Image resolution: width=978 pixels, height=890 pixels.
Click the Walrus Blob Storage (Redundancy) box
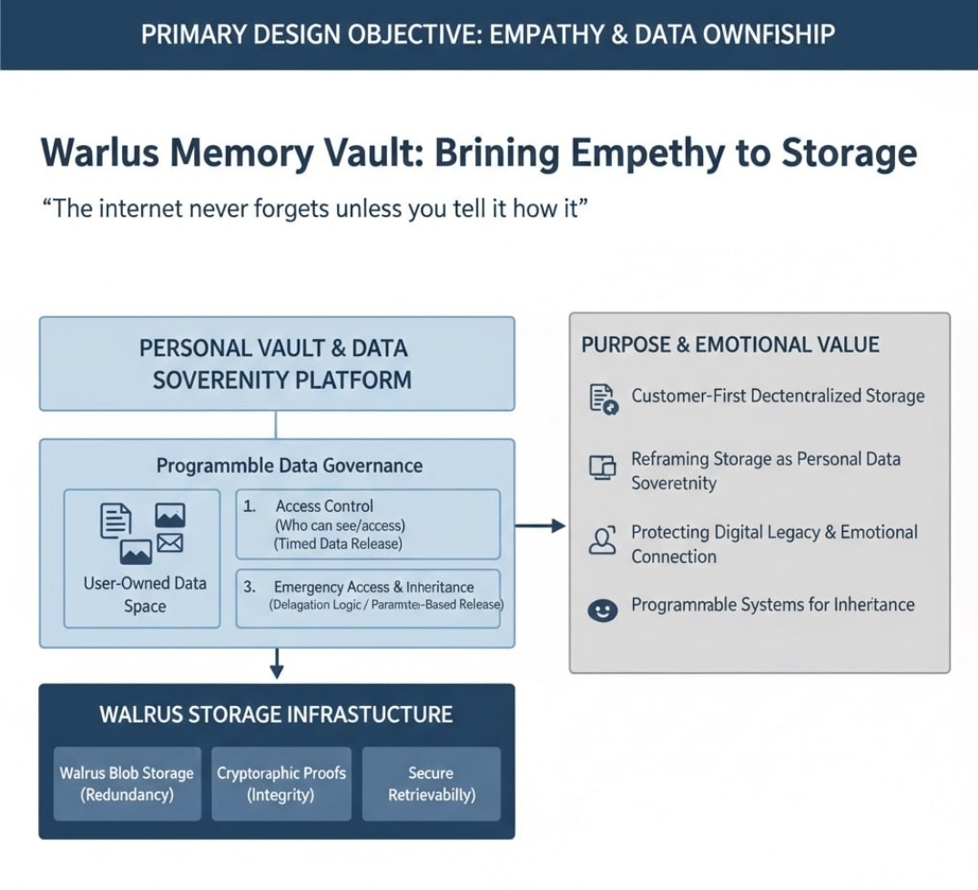[127, 783]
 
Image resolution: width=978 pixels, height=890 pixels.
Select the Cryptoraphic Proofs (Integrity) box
[281, 783]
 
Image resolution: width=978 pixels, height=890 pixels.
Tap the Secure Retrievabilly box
[431, 783]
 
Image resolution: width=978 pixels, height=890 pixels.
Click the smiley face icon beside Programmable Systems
[603, 609]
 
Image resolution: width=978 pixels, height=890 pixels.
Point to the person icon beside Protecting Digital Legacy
[603, 540]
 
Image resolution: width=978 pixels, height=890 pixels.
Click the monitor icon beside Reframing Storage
[603, 467]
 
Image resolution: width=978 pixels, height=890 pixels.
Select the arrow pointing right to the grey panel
[541, 526]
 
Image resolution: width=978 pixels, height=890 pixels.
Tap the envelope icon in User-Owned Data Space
[170, 544]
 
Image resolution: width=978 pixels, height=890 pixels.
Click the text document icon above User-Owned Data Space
[116, 519]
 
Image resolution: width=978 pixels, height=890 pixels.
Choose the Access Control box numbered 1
[368, 524]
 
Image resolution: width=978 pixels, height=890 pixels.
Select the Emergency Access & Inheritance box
[368, 598]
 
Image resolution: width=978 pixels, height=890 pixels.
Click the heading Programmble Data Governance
[289, 465]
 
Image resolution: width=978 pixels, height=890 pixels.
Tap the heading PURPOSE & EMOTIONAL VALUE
[730, 345]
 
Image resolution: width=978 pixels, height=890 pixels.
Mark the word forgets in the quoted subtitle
[265, 209]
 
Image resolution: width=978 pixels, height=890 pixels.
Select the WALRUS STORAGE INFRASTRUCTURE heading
[276, 713]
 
